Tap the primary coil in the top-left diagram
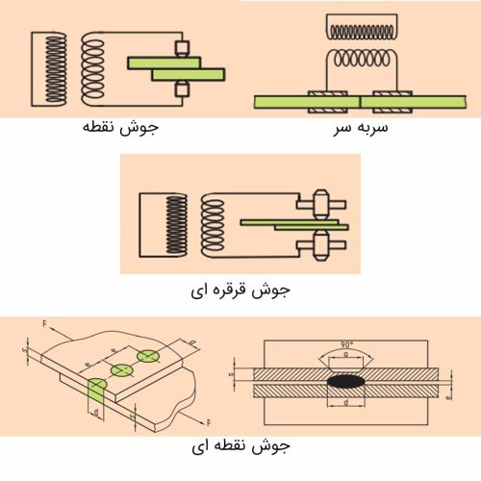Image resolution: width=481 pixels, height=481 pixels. (x=49, y=68)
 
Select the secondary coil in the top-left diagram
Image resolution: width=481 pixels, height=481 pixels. (x=96, y=68)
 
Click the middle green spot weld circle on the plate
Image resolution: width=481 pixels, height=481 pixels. (x=121, y=369)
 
